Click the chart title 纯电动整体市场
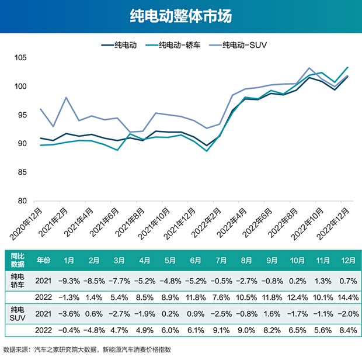pos(181,16)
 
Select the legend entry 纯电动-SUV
pos(246,44)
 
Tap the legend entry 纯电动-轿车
pos(173,44)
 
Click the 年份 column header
pos(43,260)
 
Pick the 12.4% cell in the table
pos(297,297)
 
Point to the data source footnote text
pos(88,349)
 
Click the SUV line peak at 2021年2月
pos(67,98)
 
